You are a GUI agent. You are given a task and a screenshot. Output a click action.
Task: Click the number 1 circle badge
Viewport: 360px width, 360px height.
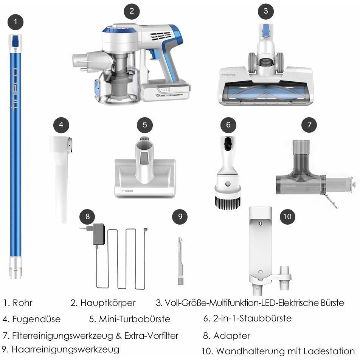click(x=16, y=22)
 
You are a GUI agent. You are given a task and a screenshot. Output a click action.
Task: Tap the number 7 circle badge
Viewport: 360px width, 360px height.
click(x=309, y=125)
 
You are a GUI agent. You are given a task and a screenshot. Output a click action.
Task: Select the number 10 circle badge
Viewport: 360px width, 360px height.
click(x=287, y=217)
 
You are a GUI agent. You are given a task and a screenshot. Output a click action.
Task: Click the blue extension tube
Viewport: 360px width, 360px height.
click(x=16, y=156)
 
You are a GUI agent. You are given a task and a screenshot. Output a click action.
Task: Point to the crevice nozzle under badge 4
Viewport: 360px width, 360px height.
click(x=61, y=179)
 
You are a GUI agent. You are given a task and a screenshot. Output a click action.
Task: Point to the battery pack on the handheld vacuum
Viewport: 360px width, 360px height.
click(x=166, y=92)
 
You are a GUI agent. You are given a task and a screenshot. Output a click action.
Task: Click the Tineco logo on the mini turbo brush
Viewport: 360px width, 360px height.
click(x=126, y=191)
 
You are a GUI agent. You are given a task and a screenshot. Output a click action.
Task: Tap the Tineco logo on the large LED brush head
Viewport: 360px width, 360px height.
click(x=228, y=75)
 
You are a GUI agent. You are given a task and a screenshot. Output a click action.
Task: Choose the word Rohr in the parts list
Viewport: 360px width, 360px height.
click(x=23, y=303)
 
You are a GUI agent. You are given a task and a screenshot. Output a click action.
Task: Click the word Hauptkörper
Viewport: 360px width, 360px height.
click(x=108, y=303)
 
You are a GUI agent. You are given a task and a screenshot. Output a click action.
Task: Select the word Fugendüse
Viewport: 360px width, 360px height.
click(x=36, y=319)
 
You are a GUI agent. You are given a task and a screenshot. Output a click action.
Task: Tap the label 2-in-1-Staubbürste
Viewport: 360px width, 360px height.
click(x=252, y=318)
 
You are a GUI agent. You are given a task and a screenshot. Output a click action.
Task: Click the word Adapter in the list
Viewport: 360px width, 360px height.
click(x=231, y=336)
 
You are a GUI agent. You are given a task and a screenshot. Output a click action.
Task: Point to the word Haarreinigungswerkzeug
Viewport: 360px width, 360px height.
click(x=65, y=350)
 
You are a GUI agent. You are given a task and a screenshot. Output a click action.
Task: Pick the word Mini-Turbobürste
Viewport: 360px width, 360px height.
click(x=135, y=319)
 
